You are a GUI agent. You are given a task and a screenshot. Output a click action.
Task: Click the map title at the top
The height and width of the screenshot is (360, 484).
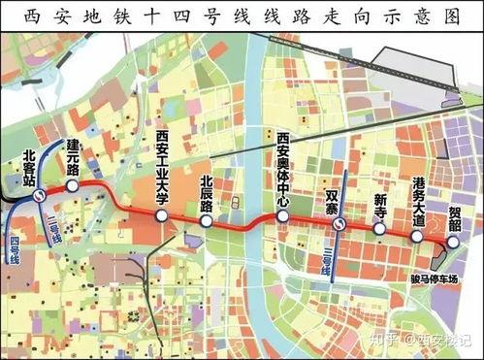pos(242,16)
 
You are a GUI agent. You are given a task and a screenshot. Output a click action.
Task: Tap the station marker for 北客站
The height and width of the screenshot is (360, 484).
pos(38,194)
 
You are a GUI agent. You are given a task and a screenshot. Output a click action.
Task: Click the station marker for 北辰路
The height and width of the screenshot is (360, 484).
pos(207,221)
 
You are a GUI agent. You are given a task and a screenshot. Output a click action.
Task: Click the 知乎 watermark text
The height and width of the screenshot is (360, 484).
pos(384,341)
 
